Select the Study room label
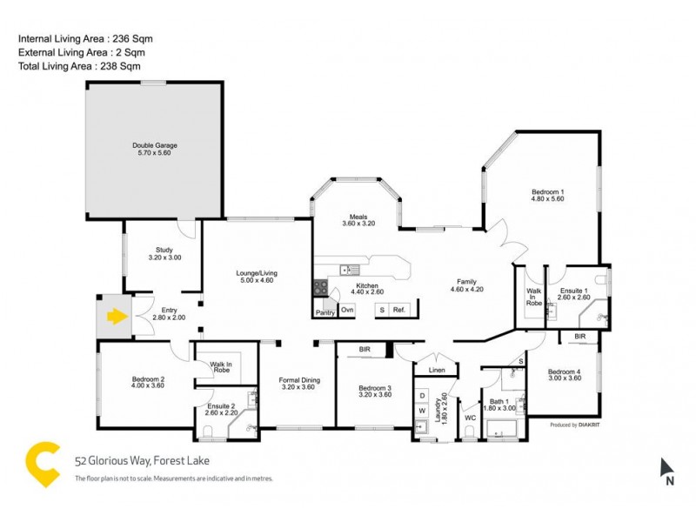[x=163, y=253]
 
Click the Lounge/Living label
[x=256, y=277]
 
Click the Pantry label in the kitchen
[x=325, y=311]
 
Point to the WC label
[x=471, y=417]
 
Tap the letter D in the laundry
[x=423, y=396]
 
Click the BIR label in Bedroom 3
[x=364, y=350]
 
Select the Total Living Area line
[x=79, y=65]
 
